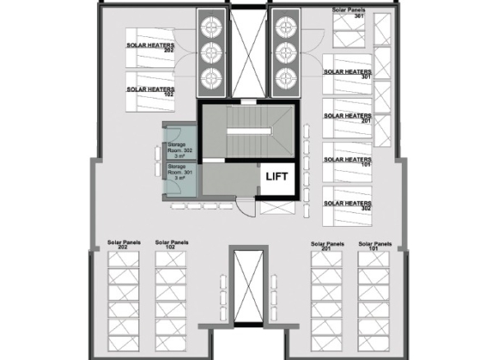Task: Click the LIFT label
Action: tap(277, 177)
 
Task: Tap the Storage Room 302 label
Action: tap(180, 150)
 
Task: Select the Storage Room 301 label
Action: tap(180, 172)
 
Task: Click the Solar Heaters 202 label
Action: tap(150, 48)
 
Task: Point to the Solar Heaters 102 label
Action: tap(150, 91)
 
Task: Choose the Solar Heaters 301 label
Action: tap(348, 74)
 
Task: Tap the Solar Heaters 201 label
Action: tap(348, 118)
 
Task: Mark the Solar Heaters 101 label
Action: tap(348, 162)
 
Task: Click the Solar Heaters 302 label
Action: tap(348, 205)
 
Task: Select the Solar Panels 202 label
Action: tap(123, 244)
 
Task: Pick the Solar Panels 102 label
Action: tap(172, 244)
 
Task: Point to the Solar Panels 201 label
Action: tap(327, 246)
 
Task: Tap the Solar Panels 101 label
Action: tap(375, 246)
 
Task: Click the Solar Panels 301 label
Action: tap(349, 12)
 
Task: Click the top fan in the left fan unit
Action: tap(211, 27)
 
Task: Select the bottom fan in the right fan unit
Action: tap(285, 78)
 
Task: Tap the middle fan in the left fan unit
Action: tap(211, 53)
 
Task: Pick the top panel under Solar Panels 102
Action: tap(170, 259)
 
